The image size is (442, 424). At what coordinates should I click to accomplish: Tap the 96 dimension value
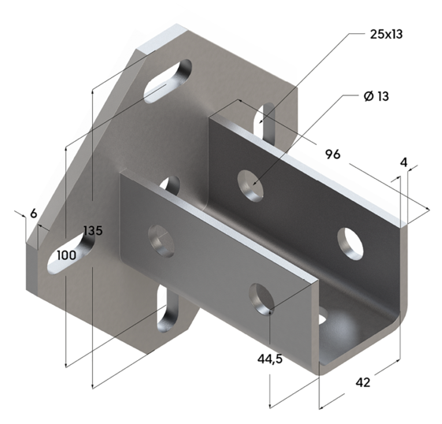click(332, 154)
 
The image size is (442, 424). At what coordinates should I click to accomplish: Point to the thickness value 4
click(403, 163)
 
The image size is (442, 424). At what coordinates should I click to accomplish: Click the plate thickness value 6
click(33, 213)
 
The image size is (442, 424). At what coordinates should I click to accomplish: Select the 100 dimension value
click(67, 255)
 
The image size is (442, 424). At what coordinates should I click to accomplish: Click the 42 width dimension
click(362, 382)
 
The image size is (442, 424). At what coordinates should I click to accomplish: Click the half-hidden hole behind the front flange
click(169, 187)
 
